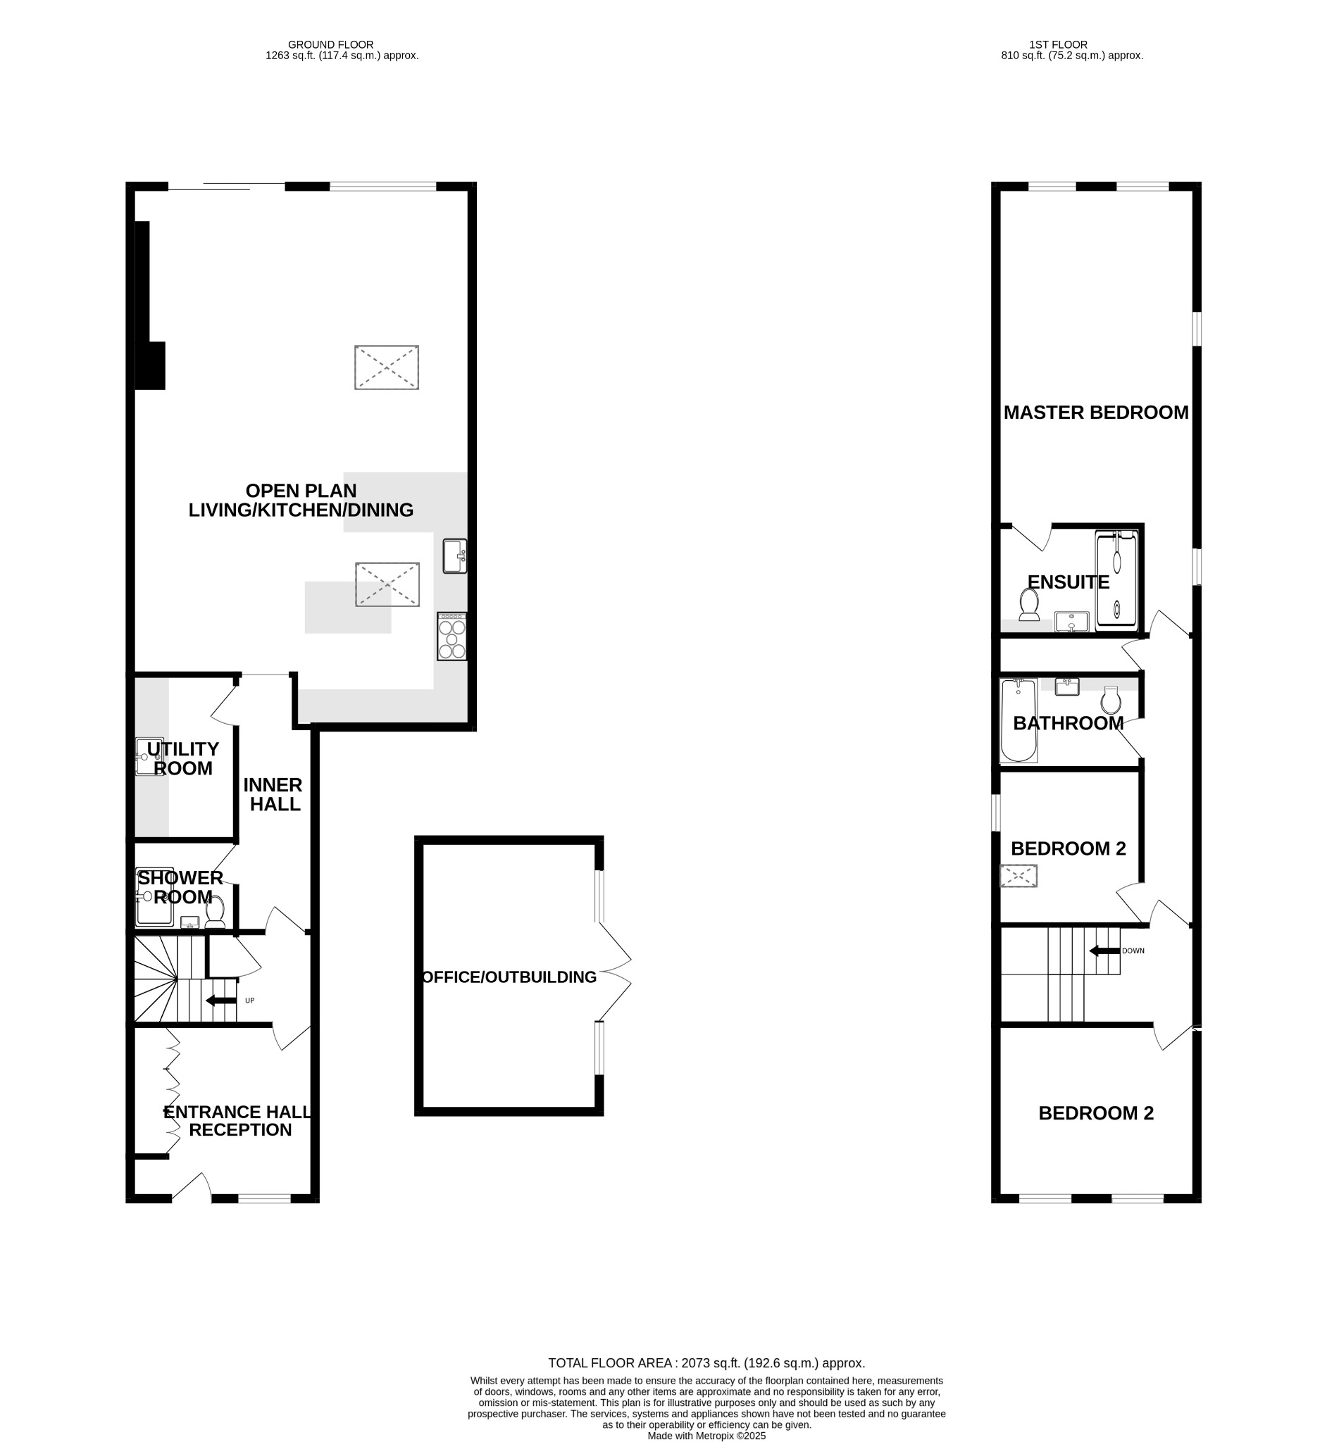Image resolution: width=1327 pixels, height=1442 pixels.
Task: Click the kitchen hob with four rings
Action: pos(452,636)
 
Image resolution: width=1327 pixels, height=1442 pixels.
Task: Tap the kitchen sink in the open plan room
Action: pos(454,556)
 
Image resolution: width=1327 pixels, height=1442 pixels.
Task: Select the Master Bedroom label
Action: pos(1096,413)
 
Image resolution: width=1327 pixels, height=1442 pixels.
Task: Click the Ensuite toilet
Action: pos(1029,605)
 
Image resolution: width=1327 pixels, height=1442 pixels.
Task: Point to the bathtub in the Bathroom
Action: pos(1018,720)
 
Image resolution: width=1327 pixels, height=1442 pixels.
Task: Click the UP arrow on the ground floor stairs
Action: pos(221,1001)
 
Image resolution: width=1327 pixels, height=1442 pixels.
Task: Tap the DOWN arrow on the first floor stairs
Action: pos(1104,951)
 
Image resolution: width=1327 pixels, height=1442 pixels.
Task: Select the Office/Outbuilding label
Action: pos(509,977)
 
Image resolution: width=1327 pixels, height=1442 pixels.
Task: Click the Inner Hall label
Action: pos(273,794)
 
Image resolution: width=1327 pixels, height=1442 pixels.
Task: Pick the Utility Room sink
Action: pos(149,756)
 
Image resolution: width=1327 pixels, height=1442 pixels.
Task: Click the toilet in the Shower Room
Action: pos(215,912)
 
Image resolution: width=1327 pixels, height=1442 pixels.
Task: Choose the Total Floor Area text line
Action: pos(706,1363)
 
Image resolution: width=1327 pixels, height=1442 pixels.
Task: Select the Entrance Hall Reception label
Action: pos(239,1121)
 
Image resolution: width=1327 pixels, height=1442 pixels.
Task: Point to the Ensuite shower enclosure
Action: pos(1116,582)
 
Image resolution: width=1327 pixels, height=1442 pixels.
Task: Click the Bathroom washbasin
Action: pos(1067,686)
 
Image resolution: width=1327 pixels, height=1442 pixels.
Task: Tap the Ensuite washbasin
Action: pos(1071,621)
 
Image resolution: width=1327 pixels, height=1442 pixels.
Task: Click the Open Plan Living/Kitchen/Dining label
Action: pos(301,501)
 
